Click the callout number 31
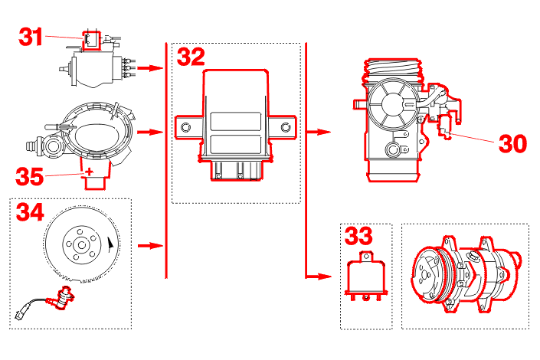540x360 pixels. [x=31, y=37]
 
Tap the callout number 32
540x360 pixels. [x=191, y=57]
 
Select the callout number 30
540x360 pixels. [x=515, y=143]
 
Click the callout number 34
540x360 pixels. [x=31, y=211]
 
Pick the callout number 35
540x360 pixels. [x=31, y=176]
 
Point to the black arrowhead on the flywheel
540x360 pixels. [x=113, y=244]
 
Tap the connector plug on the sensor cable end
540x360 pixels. [x=20, y=314]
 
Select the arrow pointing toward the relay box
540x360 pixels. [x=322, y=276]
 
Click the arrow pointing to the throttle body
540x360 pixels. [x=322, y=132]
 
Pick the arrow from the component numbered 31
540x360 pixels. [x=154, y=68]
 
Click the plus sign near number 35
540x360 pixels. [x=90, y=171]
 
